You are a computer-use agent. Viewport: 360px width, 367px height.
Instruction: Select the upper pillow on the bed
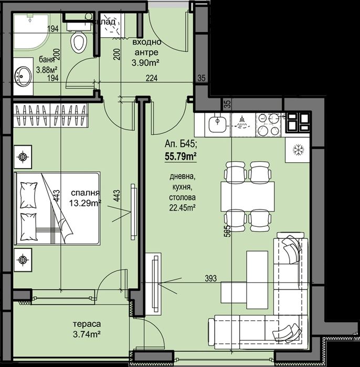(x=28, y=192)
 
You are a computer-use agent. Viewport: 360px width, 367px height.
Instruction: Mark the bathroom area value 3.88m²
(x=47, y=69)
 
